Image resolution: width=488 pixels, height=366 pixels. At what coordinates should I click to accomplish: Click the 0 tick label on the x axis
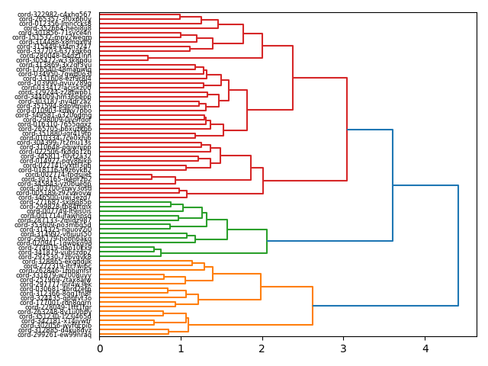(x=100, y=348)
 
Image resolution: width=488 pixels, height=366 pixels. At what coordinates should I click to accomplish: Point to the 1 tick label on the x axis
(x=181, y=348)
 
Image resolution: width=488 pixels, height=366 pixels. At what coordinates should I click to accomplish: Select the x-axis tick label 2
(x=262, y=348)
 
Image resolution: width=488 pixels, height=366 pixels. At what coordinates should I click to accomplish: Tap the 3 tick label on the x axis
(x=344, y=348)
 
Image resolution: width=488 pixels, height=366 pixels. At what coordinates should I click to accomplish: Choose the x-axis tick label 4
(x=425, y=348)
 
